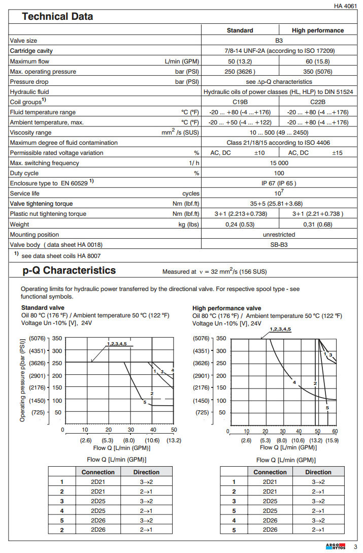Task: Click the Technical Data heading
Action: pos(57,17)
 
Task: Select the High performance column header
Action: pos(318,30)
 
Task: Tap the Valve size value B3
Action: pos(279,41)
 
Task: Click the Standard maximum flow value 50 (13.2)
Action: pos(240,61)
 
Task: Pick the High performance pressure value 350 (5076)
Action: pos(318,72)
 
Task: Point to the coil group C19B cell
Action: pos(240,102)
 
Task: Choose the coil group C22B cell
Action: pos(318,102)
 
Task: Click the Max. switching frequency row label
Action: pos(45,163)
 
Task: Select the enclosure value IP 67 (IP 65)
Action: pos(279,183)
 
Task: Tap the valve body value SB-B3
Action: pos(279,245)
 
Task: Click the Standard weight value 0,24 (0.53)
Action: pos(240,224)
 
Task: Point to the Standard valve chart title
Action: pos(44,308)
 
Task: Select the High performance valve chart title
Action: pos(227,308)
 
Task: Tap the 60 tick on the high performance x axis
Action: pos(335,431)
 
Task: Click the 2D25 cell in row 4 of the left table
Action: pos(98,510)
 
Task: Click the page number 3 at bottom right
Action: pos(355,546)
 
